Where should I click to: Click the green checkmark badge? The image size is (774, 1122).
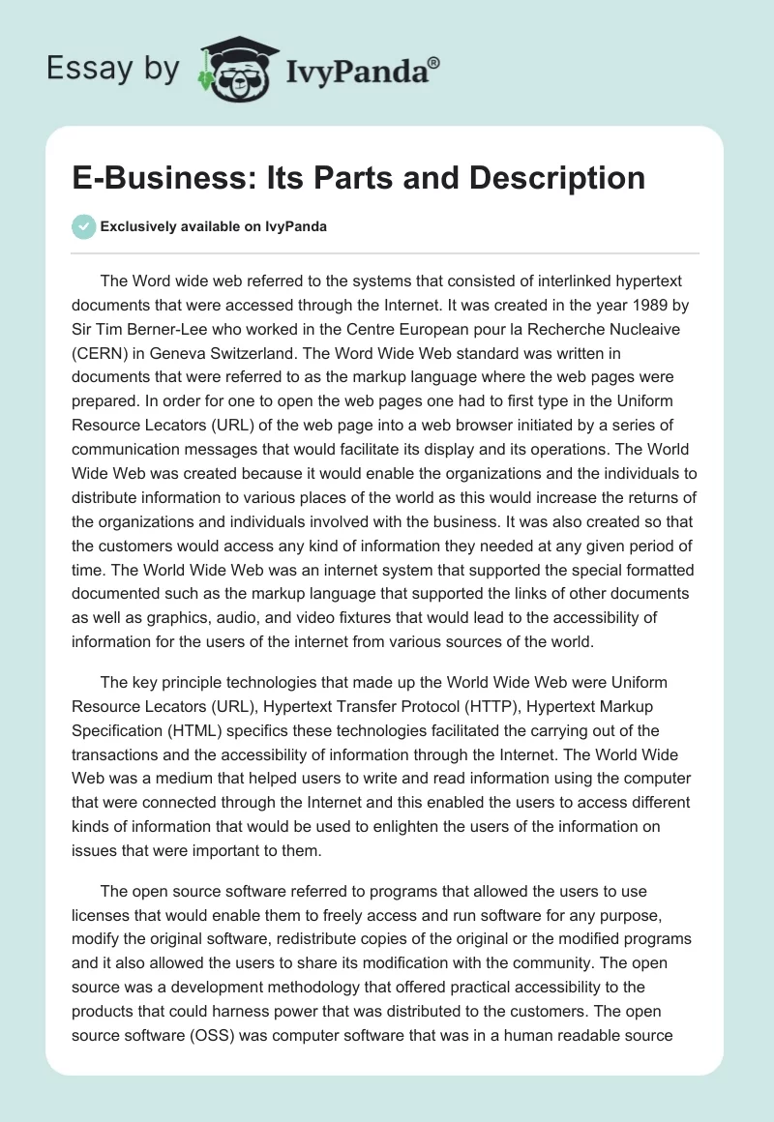pos(83,226)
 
